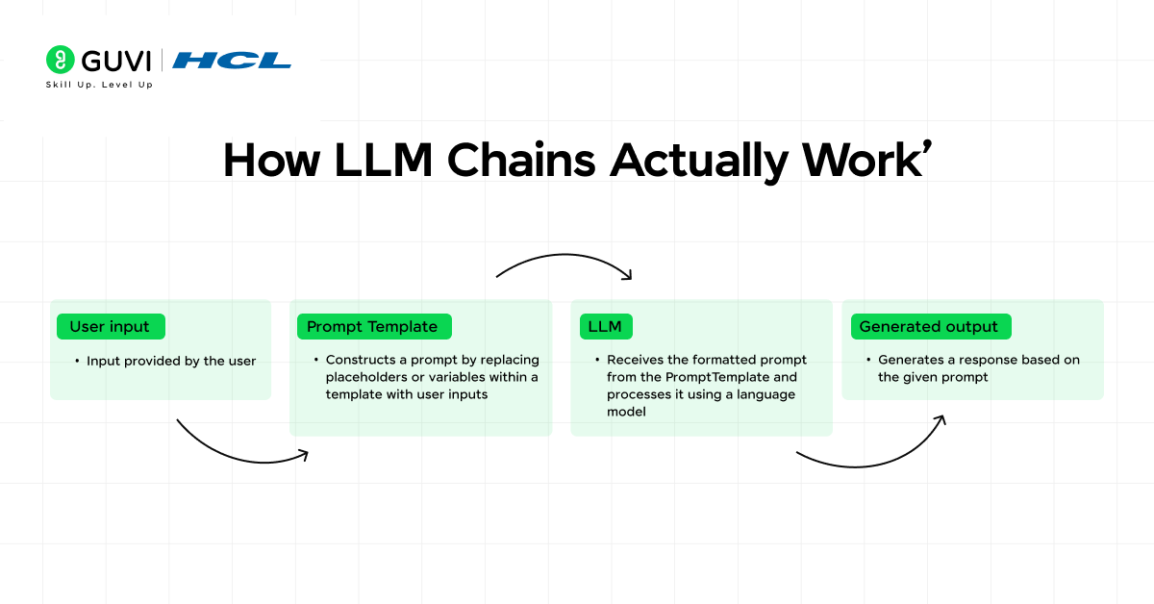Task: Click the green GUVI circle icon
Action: (61, 60)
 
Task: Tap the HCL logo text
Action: (232, 61)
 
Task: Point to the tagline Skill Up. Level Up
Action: (99, 85)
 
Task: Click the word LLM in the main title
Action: (380, 161)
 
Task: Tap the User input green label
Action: (110, 327)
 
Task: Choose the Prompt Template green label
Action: (372, 327)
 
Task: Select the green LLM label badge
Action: (605, 327)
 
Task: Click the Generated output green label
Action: (928, 327)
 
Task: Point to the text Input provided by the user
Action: (171, 361)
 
